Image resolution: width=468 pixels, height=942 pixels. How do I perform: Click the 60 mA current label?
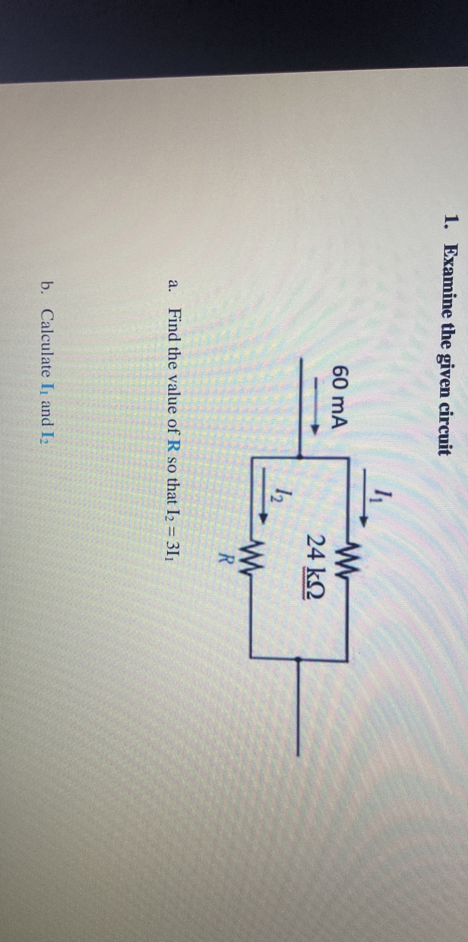338,397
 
